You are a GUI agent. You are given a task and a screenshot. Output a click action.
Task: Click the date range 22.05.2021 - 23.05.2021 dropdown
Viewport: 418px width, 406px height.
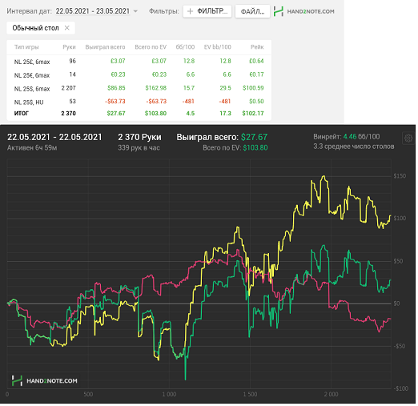96,11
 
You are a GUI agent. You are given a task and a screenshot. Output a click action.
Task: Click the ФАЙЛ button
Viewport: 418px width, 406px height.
252,12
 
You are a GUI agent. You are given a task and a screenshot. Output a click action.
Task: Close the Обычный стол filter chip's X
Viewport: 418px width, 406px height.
67,28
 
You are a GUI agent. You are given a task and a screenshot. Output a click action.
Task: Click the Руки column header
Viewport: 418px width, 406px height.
69,47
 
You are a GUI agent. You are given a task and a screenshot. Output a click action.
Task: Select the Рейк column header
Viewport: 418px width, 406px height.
257,47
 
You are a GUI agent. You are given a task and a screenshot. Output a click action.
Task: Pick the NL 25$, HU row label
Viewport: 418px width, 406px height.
29,103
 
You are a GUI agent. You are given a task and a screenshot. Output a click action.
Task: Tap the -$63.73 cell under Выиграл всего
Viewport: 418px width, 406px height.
115,102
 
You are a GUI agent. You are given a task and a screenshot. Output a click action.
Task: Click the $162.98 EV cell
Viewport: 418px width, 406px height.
156,88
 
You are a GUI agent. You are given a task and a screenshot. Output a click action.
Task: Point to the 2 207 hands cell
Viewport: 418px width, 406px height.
69,88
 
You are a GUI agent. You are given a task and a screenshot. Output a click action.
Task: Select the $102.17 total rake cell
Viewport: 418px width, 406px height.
253,113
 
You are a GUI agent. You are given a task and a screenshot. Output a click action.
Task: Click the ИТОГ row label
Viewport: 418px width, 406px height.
21,113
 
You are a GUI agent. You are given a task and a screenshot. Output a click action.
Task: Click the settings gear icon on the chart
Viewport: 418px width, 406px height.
408,139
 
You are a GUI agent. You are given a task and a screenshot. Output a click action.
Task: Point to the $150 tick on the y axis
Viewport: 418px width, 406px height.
400,176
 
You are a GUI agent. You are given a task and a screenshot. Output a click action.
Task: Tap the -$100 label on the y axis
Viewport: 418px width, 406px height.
400,388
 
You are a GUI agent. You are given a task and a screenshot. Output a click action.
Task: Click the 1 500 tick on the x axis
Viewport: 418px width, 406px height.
250,394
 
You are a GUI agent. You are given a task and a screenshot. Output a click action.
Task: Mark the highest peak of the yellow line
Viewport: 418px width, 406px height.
324,175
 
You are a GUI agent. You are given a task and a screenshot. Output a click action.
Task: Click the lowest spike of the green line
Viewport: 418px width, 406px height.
185,380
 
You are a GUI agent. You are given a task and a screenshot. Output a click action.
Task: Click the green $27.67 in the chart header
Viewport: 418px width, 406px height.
254,137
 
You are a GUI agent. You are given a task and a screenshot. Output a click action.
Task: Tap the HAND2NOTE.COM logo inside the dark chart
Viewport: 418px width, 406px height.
44,380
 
